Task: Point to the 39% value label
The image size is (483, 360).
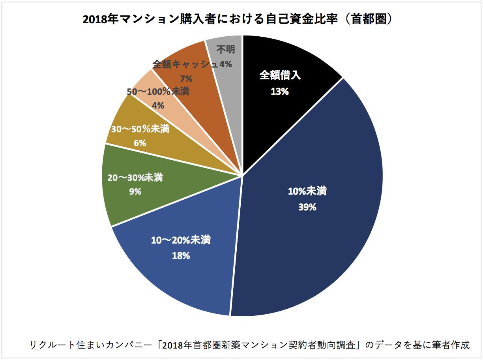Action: pyautogui.click(x=307, y=207)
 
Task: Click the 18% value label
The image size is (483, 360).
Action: pyautogui.click(x=181, y=255)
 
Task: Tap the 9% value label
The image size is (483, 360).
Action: pyautogui.click(x=135, y=192)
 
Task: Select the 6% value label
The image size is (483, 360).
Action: pyautogui.click(x=140, y=143)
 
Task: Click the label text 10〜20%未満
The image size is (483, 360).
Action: pyautogui.click(x=181, y=240)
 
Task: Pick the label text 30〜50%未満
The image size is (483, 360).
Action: pyautogui.click(x=140, y=129)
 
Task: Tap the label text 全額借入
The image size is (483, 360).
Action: pyautogui.click(x=280, y=75)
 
